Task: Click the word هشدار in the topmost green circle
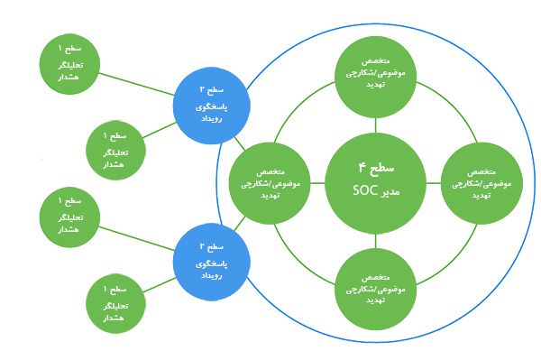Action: (70, 78)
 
